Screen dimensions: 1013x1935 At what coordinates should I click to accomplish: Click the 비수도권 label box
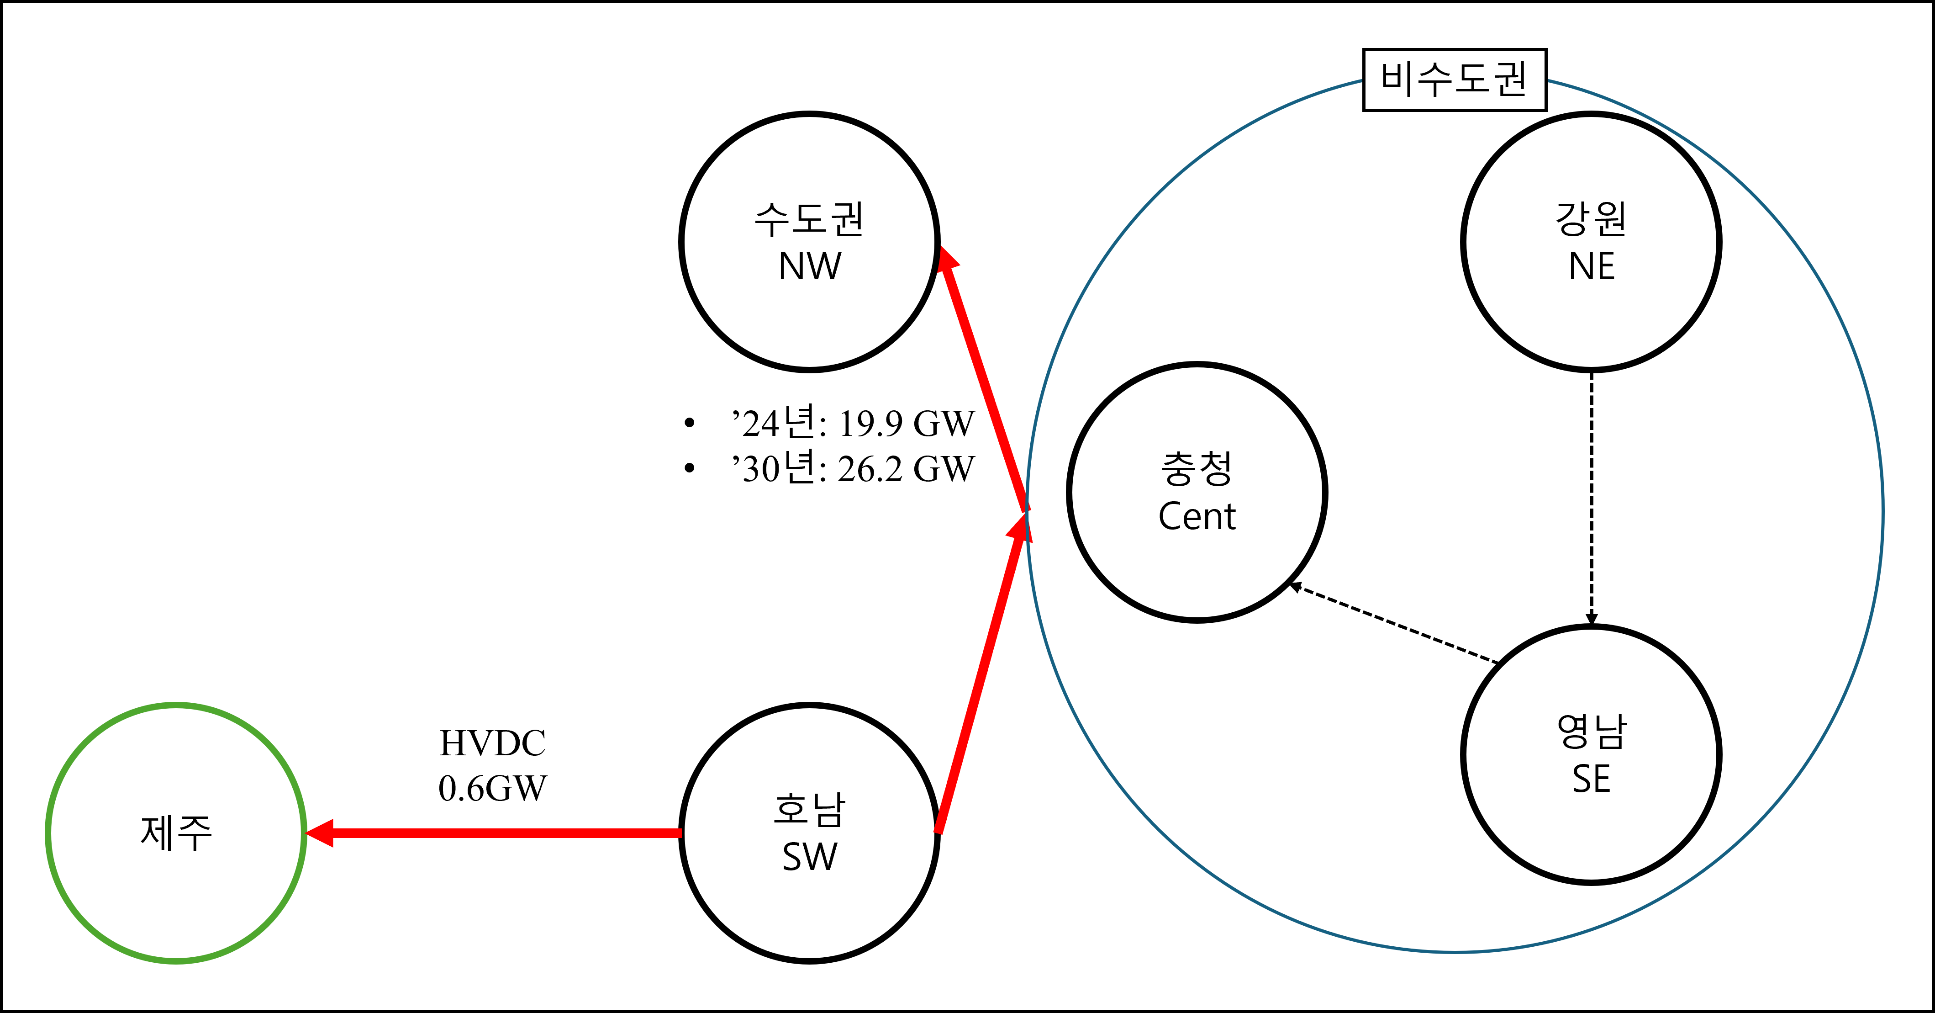pyautogui.click(x=1454, y=80)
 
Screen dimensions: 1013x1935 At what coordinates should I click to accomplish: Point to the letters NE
pyautogui.click(x=1591, y=266)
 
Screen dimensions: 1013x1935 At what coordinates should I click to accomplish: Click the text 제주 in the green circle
pyautogui.click(x=176, y=833)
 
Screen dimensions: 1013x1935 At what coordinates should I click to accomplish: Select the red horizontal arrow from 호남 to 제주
pyautogui.click(x=503, y=833)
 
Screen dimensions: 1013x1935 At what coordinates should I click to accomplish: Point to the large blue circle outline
pyautogui.click(x=1882, y=511)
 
